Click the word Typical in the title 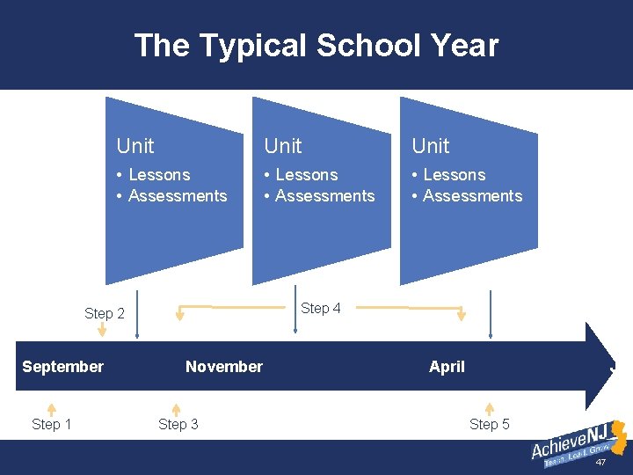(x=258, y=45)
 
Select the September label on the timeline (x=62, y=367)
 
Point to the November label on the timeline (x=223, y=367)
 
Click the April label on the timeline (x=447, y=367)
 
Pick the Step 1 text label (x=51, y=425)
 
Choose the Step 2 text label (x=104, y=314)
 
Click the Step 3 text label (x=178, y=425)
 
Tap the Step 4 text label (x=320, y=308)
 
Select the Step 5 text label (x=489, y=425)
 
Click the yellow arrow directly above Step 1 (x=51, y=408)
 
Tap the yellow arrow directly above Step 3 (x=176, y=408)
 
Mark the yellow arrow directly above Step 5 (x=490, y=408)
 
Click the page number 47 (x=601, y=463)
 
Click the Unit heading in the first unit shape (x=135, y=146)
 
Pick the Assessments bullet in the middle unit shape (x=324, y=196)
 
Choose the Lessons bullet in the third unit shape (x=454, y=175)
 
